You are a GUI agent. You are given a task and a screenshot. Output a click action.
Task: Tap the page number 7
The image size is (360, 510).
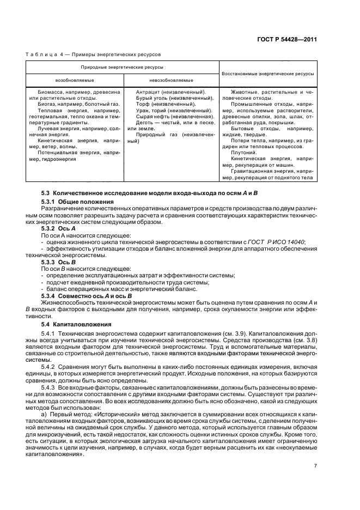(315, 450)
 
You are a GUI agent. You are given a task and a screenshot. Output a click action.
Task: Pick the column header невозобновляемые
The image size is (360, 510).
(171, 80)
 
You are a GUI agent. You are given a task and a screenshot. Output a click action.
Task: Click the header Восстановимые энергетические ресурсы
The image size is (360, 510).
(268, 73)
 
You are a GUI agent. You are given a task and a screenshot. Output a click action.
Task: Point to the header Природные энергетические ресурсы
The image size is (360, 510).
(121, 67)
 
